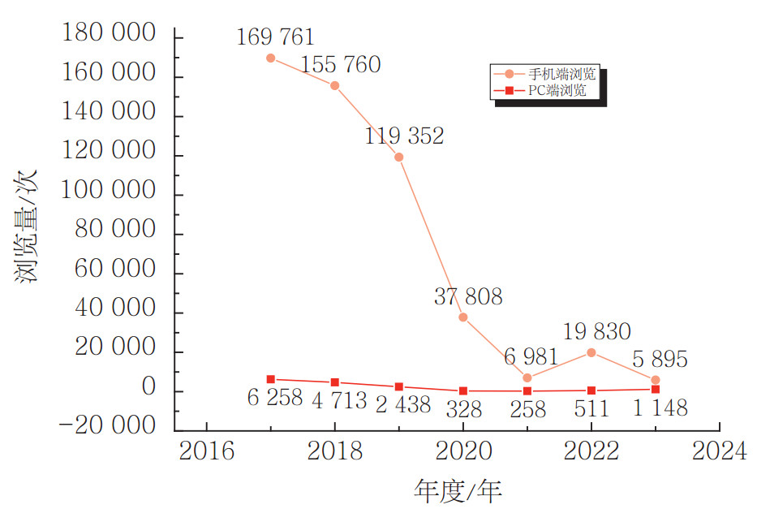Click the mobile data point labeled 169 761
point(270,58)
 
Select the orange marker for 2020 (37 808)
point(462,317)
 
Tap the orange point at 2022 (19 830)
point(591,352)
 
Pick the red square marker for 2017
point(270,379)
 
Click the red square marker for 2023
point(656,389)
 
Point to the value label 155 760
point(340,65)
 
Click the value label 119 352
point(404,136)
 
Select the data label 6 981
point(531,356)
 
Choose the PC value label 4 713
point(339,400)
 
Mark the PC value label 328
point(462,408)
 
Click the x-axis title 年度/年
point(458,490)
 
